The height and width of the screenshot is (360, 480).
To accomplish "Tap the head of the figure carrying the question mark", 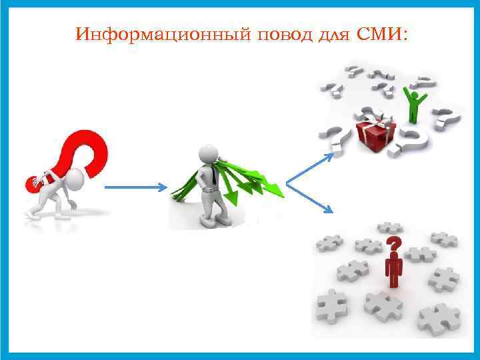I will pos(74,179).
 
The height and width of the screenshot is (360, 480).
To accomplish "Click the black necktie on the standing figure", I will pos(209,175).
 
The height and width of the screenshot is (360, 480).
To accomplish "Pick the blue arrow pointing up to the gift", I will pos(308,168).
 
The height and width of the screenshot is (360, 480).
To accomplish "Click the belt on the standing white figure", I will pos(210,190).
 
